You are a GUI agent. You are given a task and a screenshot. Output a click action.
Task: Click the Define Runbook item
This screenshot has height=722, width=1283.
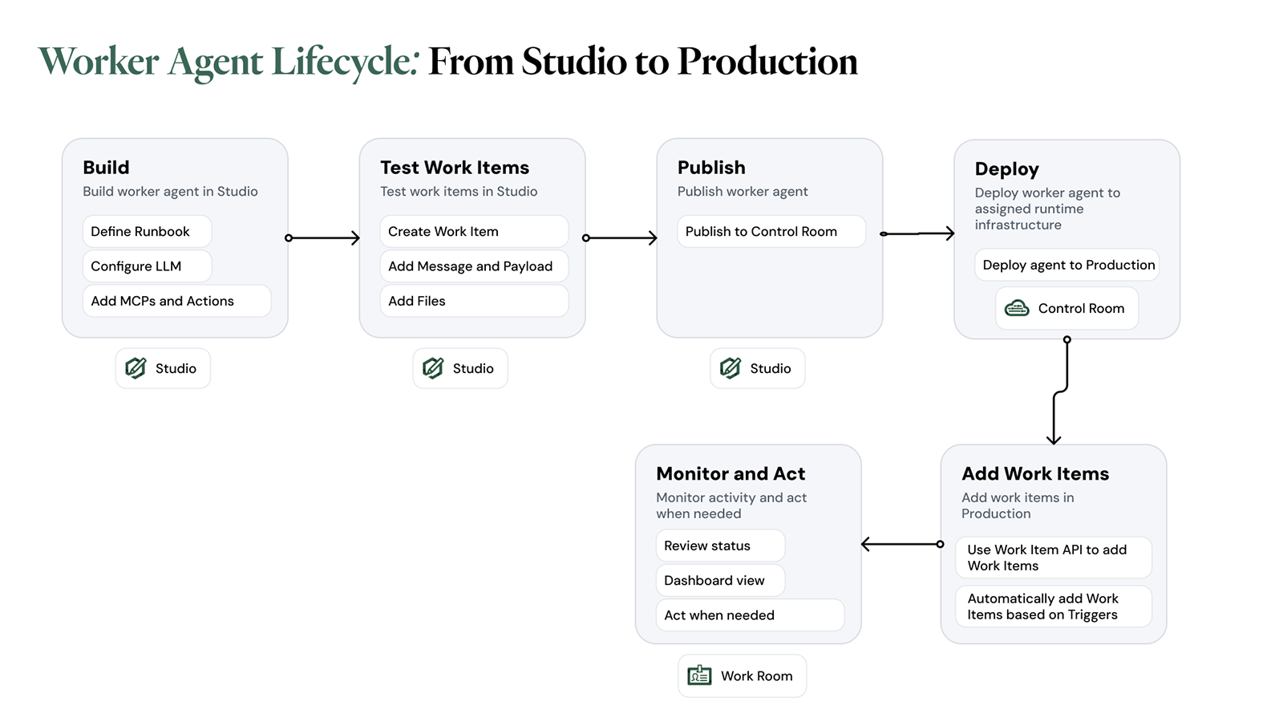pos(147,231)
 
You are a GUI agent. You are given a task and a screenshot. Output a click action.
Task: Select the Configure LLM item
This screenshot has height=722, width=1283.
pos(147,266)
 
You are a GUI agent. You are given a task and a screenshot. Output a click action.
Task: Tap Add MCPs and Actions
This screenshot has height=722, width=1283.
pos(176,301)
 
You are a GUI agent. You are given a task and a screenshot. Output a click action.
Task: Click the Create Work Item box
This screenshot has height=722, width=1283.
pos(473,231)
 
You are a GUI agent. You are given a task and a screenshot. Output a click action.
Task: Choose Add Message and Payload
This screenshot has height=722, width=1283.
pos(473,266)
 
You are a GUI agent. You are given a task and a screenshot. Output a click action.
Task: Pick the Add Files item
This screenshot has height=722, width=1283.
pos(473,301)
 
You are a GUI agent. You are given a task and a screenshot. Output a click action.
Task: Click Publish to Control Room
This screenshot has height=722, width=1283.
pos(771,231)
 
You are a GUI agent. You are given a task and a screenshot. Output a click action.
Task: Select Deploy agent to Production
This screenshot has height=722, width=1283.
pos(1067,265)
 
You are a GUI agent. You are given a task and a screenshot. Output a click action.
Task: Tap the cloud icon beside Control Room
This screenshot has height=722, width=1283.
pos(1017,308)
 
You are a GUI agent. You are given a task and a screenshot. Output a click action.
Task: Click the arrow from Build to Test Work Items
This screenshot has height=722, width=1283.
pos(323,237)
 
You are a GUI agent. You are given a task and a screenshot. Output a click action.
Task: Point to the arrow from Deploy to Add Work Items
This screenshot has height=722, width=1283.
pos(1060,391)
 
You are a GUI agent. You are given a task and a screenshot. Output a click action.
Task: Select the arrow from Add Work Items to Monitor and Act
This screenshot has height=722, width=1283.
pos(901,544)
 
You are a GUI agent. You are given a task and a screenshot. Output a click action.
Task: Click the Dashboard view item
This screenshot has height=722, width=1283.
pos(719,580)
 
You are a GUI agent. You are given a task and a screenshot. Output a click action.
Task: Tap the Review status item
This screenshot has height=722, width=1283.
pos(719,546)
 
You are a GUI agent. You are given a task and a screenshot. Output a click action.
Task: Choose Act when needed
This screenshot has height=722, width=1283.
pos(749,615)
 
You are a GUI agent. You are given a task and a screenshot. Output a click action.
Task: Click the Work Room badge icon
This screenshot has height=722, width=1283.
pos(699,675)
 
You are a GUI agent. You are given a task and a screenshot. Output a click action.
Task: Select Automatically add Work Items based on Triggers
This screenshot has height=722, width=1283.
pos(1053,606)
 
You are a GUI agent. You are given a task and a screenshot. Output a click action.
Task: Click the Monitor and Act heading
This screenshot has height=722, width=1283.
pos(731,473)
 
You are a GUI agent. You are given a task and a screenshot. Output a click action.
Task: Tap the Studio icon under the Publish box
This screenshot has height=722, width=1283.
pos(731,368)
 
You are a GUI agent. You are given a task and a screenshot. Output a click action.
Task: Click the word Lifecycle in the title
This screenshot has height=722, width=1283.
pos(345,62)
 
